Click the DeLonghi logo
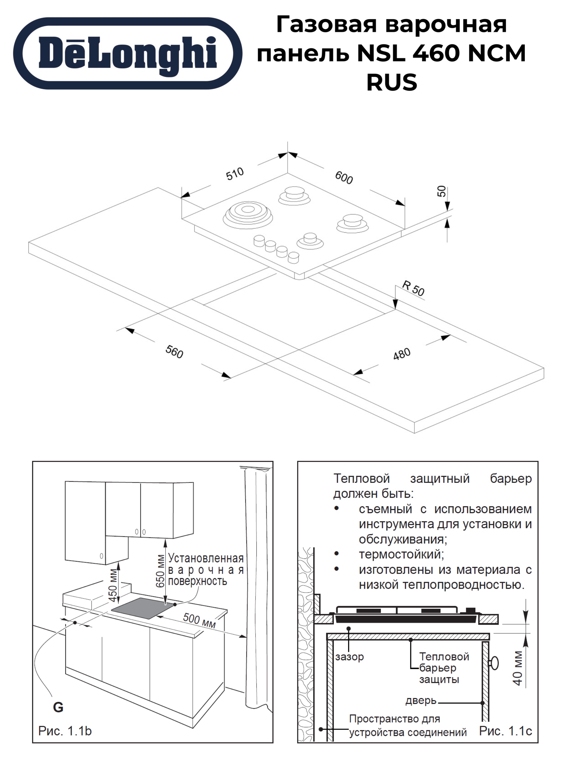click(128, 53)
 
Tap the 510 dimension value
click(235, 173)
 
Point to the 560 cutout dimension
click(174, 352)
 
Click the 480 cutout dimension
click(402, 354)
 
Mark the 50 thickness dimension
click(442, 191)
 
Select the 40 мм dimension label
click(518, 668)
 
